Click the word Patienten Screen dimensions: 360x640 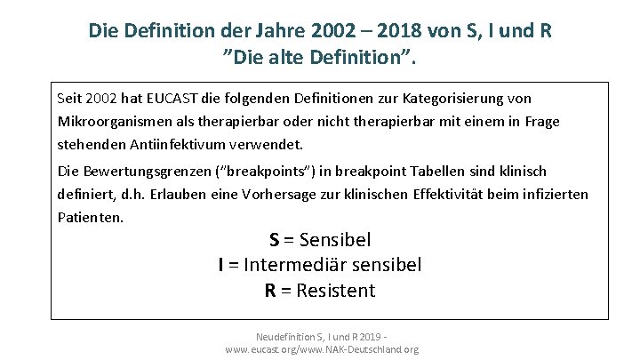point(90,216)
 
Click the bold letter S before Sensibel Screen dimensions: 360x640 point(275,240)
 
